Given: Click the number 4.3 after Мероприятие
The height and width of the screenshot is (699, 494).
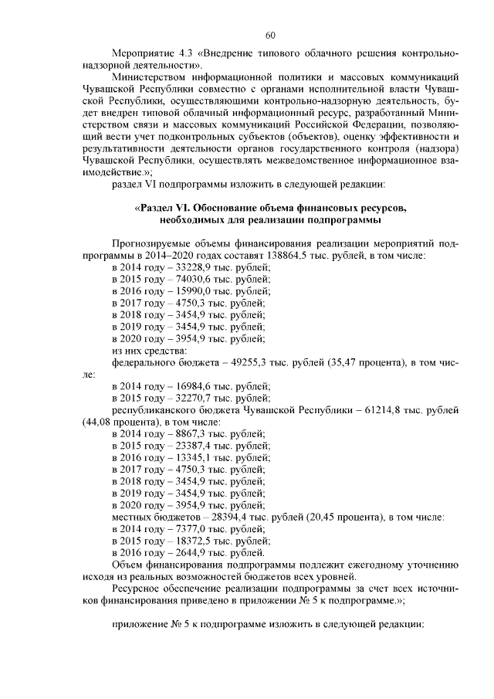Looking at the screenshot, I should (184, 56).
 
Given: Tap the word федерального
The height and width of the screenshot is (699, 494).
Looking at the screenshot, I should (145, 361).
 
